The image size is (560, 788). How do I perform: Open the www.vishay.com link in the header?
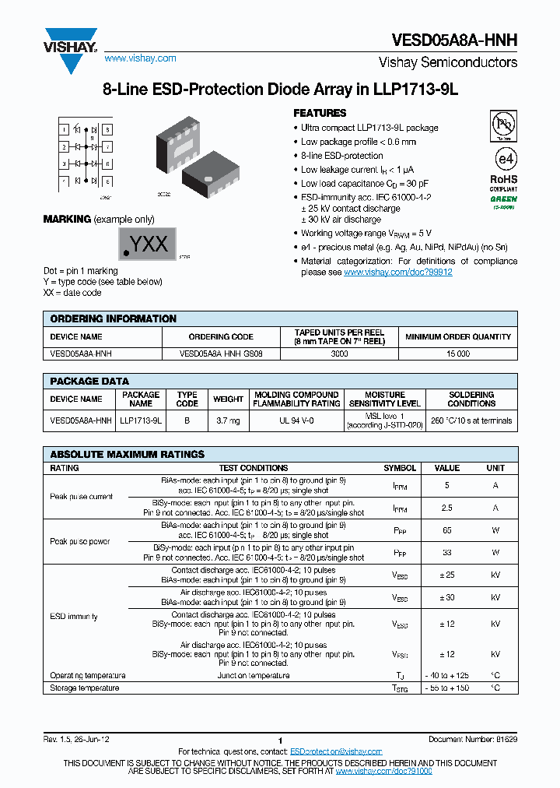click(x=140, y=58)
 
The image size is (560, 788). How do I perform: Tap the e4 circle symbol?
click(x=505, y=158)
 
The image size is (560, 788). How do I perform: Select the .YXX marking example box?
click(x=147, y=244)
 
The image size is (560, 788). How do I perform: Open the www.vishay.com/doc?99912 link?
click(x=397, y=273)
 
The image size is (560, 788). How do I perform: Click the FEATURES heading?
click(x=320, y=113)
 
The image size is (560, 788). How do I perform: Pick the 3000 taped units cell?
click(x=339, y=354)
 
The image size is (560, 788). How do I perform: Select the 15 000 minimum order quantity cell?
click(x=458, y=354)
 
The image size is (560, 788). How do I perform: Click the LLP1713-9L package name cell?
click(x=141, y=420)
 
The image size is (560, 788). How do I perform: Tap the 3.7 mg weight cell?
click(x=228, y=420)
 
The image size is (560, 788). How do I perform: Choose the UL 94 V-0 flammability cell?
click(x=296, y=420)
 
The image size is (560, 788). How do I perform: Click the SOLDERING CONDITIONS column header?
click(x=471, y=399)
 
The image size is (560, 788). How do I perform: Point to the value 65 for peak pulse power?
click(x=446, y=530)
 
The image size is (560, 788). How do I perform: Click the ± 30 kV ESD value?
click(x=446, y=597)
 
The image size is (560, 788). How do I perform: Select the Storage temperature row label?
click(x=85, y=688)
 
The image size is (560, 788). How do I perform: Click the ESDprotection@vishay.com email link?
click(x=336, y=751)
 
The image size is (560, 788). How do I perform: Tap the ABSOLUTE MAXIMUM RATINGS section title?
click(x=127, y=454)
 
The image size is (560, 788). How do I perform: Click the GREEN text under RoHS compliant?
click(x=503, y=199)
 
